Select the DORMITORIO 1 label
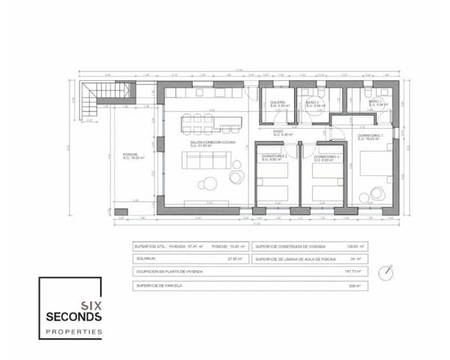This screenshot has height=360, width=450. (370, 136)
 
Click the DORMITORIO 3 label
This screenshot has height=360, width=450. (327, 156)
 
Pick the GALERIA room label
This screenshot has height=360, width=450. (277, 103)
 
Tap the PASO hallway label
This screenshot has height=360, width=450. (277, 132)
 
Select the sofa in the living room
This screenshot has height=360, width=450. (205, 160)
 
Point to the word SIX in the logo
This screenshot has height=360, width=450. (92, 304)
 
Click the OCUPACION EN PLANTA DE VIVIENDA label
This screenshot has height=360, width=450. (165, 271)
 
